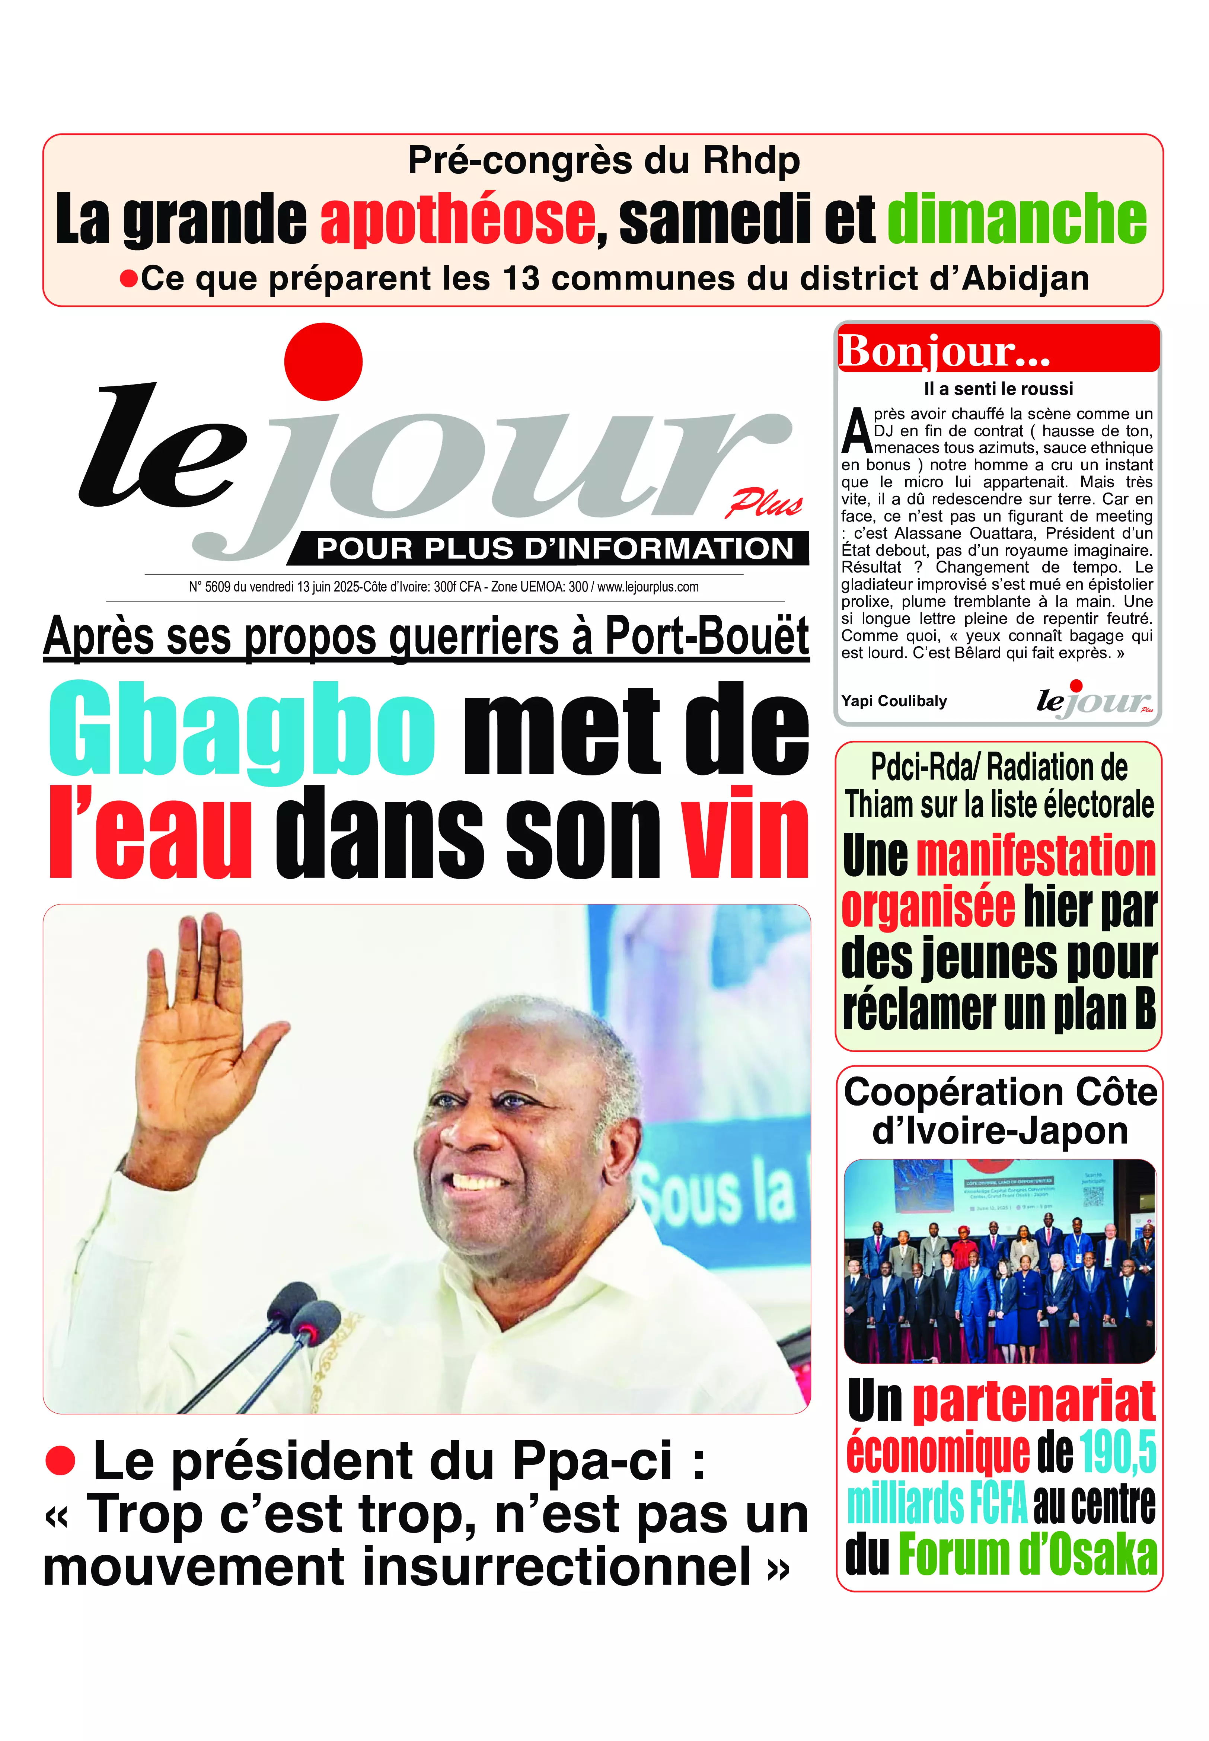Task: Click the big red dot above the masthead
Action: pos(323,361)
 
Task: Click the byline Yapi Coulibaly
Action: pos(894,701)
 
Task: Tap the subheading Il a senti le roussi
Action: pos(998,389)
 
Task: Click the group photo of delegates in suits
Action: pos(999,1261)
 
